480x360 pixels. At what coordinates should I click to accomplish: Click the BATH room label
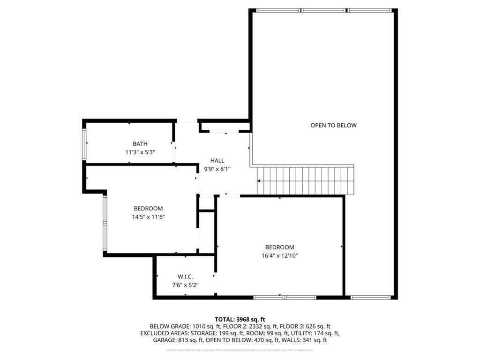click(140, 144)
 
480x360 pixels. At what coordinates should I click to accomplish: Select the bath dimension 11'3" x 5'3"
click(140, 152)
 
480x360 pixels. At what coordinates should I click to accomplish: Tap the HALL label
click(217, 161)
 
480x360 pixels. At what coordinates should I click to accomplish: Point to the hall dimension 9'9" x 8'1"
click(217, 169)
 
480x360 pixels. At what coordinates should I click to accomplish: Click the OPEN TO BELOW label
click(333, 125)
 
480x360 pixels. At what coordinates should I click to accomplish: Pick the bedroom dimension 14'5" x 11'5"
click(148, 217)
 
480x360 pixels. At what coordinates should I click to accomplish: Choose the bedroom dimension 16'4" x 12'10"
click(279, 256)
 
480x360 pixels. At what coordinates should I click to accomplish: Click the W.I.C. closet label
click(185, 277)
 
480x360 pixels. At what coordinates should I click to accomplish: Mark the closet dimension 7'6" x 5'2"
click(185, 285)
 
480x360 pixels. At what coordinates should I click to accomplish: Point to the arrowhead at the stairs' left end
click(259, 180)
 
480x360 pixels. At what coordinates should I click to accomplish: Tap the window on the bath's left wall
click(85, 144)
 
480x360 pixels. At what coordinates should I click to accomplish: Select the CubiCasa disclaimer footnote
click(240, 350)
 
